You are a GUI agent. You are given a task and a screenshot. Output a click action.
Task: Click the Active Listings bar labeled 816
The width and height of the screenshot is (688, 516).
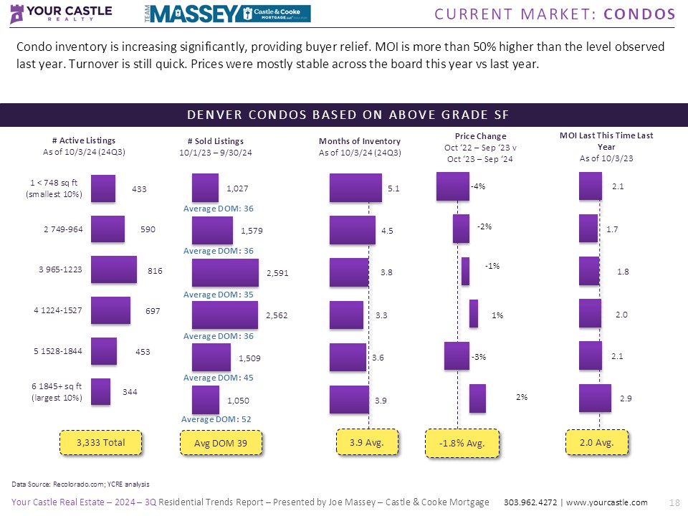(x=113, y=269)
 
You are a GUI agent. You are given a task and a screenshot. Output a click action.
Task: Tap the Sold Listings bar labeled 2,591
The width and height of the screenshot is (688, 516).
(x=225, y=273)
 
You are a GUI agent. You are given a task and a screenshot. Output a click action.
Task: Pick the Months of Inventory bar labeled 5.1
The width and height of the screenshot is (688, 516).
(x=355, y=188)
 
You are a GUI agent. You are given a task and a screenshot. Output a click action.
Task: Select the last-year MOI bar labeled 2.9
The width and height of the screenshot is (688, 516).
(x=595, y=398)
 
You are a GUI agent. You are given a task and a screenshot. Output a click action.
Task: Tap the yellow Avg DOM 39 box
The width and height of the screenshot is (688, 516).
(x=220, y=444)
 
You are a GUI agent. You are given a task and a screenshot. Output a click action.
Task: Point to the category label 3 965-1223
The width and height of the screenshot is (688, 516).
(x=60, y=269)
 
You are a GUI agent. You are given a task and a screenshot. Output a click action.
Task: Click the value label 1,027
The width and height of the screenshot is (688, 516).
(x=238, y=189)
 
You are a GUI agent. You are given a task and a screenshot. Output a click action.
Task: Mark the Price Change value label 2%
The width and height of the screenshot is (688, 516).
(x=522, y=397)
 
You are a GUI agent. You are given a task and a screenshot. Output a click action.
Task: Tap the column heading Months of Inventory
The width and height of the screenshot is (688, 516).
(x=360, y=141)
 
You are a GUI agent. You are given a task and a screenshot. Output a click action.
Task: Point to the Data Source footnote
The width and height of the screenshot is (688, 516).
(x=81, y=484)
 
